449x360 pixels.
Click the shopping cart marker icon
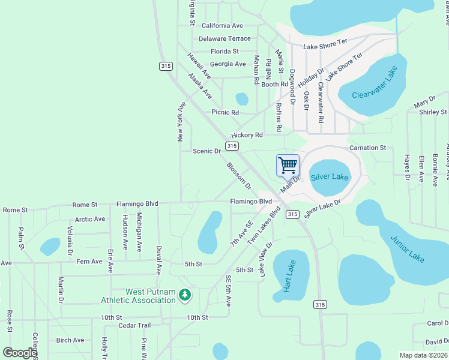288,165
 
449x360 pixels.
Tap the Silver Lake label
329,177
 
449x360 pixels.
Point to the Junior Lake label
408,248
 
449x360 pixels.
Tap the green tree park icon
185,295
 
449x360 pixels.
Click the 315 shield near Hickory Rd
232,146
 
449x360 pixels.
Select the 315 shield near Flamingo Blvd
292,214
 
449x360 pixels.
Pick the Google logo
20,353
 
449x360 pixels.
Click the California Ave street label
222,26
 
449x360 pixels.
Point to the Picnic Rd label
225,112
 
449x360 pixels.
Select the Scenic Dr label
206,151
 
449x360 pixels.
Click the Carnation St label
368,148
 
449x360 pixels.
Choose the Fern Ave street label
89,262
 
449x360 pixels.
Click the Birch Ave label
70,340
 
